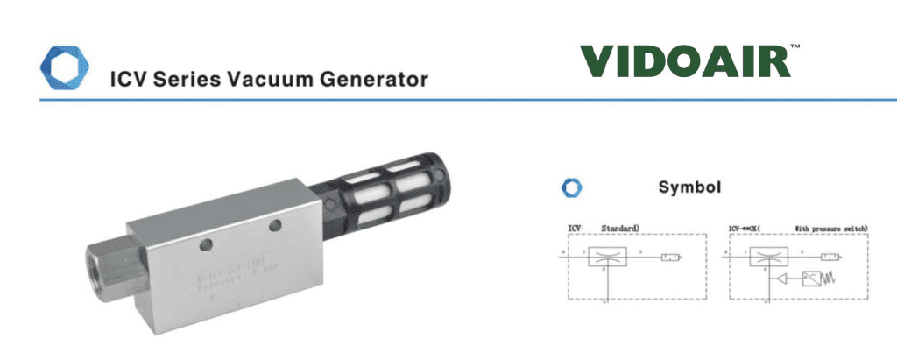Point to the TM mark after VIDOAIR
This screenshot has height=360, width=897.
795,46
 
